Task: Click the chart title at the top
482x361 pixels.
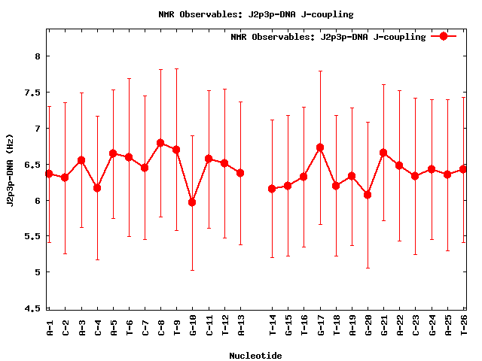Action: pyautogui.click(x=255, y=14)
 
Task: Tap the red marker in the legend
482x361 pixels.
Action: pyautogui.click(x=444, y=36)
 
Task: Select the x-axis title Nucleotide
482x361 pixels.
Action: pyautogui.click(x=255, y=356)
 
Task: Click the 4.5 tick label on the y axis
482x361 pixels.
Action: pyautogui.click(x=32, y=308)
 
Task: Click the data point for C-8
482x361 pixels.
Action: pyautogui.click(x=160, y=143)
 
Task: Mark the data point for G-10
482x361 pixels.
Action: pyautogui.click(x=192, y=202)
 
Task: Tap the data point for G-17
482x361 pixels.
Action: pyautogui.click(x=320, y=147)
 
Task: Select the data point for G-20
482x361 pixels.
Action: pyautogui.click(x=368, y=195)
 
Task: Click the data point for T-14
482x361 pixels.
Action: pyautogui.click(x=272, y=189)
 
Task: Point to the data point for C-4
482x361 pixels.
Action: pyautogui.click(x=97, y=188)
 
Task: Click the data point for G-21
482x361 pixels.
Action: pyautogui.click(x=383, y=153)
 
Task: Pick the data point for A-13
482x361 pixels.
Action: pyautogui.click(x=240, y=173)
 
